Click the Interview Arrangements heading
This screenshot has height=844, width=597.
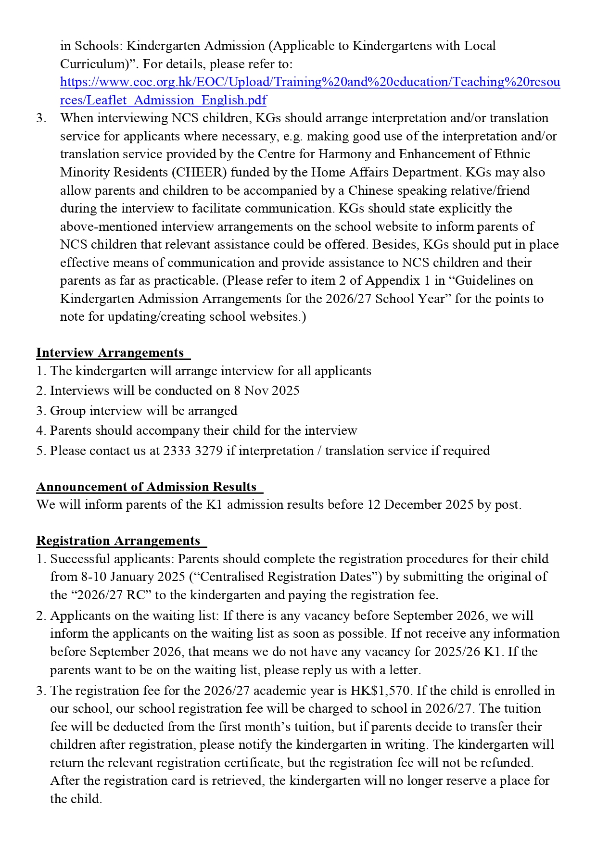[x=110, y=353]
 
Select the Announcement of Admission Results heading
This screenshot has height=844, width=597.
[x=147, y=487]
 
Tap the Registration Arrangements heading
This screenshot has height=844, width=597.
[x=118, y=541]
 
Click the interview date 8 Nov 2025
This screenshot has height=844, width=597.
[x=267, y=391]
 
